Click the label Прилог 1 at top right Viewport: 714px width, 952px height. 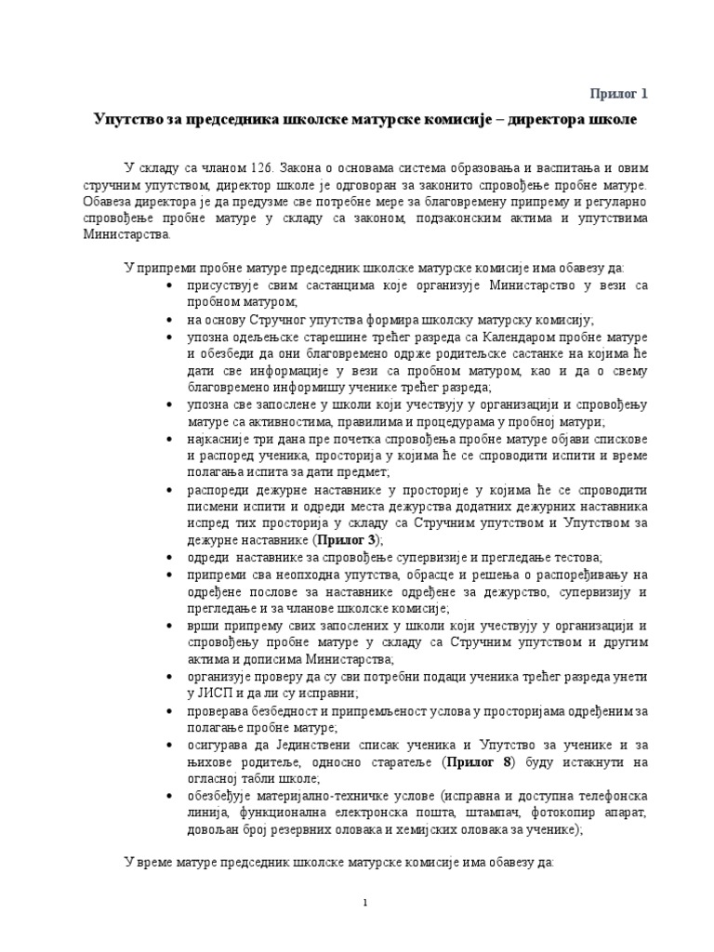[618, 93]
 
